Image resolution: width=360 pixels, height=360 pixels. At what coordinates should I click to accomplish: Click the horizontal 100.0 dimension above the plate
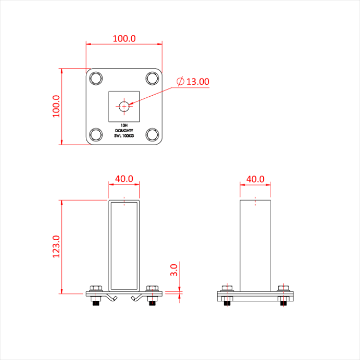point(124,39)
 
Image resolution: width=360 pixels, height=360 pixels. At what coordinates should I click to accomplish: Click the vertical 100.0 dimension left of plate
point(56,106)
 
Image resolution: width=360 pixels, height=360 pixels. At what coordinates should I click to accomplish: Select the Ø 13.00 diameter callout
point(192,81)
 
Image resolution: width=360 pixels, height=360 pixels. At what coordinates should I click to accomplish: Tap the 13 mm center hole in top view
point(124,106)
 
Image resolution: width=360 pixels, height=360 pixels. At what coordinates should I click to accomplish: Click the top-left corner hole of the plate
point(96,78)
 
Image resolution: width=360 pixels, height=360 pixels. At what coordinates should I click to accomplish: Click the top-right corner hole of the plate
point(152,78)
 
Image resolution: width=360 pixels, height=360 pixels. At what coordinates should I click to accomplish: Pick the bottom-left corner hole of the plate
point(96,135)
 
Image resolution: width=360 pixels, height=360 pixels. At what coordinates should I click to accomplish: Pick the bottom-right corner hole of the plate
point(152,135)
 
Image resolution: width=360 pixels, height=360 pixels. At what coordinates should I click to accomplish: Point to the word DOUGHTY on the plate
point(124,130)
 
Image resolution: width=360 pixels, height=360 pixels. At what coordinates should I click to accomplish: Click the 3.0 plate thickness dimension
point(173,269)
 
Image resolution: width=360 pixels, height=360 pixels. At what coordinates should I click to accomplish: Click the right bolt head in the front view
point(152,289)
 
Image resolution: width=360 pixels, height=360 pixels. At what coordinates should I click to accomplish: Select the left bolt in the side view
point(227,289)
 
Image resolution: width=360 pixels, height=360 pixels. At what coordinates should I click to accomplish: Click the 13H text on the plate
point(124,125)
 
